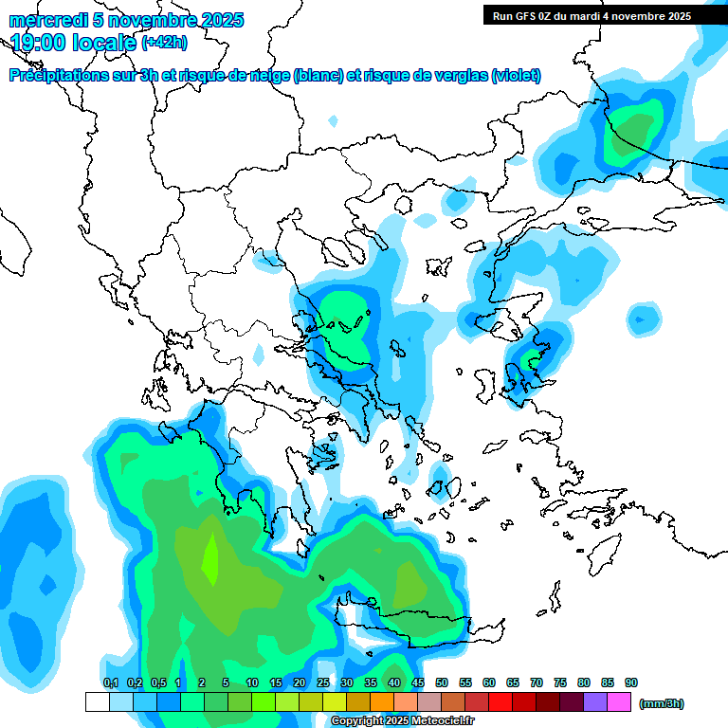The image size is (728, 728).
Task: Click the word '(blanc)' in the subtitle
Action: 318,76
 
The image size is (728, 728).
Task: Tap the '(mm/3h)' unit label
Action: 661,703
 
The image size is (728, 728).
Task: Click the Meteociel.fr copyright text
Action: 401,721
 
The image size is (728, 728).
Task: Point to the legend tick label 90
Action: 631,682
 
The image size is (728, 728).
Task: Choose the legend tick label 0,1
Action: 110,682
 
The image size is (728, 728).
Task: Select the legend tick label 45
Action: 418,682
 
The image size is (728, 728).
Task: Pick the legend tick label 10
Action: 252,682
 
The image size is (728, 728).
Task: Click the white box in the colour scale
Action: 98,701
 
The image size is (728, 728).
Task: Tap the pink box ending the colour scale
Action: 619,701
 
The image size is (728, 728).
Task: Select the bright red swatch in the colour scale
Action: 500,701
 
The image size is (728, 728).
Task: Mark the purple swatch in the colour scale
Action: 595,701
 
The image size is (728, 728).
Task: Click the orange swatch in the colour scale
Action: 382,701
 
